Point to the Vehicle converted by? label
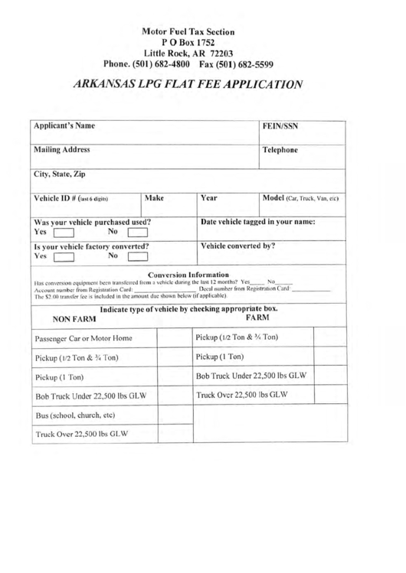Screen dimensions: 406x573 coord(243,248)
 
